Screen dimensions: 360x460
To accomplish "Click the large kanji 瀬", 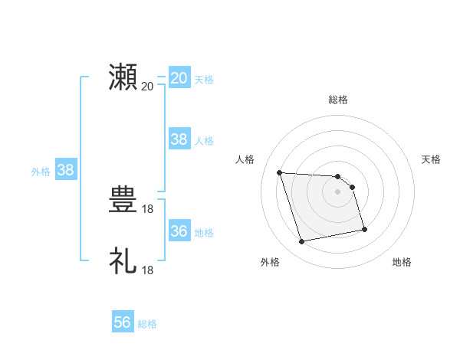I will click(123, 77).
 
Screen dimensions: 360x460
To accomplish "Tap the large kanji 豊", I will click(123, 201).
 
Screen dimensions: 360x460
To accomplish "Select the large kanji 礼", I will click(123, 260).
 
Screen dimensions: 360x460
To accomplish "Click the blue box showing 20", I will click(179, 78).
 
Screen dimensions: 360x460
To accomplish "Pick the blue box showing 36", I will click(179, 231).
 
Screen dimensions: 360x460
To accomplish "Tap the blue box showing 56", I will click(123, 322).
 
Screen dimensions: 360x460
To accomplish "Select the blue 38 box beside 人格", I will click(179, 139).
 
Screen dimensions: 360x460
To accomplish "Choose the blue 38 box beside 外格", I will click(66, 170).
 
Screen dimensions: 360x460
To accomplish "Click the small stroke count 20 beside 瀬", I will click(147, 86).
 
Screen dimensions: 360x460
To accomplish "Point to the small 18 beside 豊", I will click(147, 208).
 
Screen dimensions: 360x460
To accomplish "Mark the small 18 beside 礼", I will click(147, 270).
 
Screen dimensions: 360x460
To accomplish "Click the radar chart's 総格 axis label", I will click(338, 100).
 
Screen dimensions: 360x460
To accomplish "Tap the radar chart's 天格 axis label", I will click(432, 159).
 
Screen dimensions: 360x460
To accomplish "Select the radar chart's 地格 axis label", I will click(402, 262).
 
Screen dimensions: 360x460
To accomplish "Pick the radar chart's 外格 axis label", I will click(270, 262).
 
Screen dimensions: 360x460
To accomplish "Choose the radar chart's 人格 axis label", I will click(245, 159).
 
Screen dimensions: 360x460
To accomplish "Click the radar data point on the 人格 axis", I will click(280, 172).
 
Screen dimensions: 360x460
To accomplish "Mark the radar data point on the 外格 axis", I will click(302, 242).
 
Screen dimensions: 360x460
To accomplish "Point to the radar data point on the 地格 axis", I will click(364, 228).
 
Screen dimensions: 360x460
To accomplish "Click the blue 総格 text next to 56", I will click(147, 324).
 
